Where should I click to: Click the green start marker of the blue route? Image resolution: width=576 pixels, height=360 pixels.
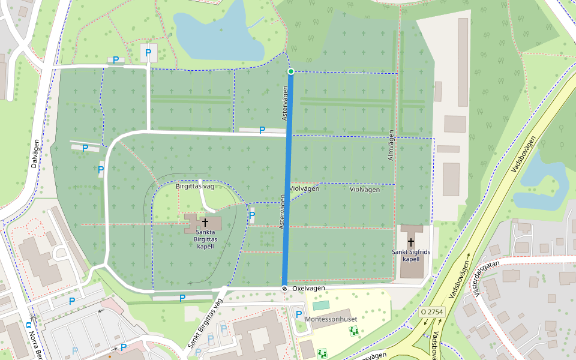point(291,71)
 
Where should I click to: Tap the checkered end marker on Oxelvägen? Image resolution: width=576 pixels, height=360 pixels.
point(284,289)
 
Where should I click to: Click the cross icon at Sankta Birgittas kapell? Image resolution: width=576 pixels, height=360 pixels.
point(205,223)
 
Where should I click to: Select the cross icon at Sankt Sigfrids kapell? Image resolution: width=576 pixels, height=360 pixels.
point(411,242)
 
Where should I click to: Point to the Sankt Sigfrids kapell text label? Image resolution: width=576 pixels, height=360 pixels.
point(411,255)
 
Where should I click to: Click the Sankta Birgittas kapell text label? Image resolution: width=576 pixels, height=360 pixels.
point(206,242)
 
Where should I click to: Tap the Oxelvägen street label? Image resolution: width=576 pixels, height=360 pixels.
point(308,289)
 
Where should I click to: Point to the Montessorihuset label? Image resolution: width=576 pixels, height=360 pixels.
point(331,319)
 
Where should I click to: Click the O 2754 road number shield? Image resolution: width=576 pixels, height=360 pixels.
point(432,312)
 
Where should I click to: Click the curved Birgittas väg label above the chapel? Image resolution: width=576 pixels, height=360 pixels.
point(194,186)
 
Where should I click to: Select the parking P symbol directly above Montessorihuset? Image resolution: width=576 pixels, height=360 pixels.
point(299,314)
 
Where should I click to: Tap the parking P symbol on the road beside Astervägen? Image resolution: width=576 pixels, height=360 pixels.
point(262,130)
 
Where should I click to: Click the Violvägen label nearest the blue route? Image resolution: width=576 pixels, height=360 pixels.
point(304,188)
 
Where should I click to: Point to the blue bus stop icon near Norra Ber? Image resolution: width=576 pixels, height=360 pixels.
point(29,325)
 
